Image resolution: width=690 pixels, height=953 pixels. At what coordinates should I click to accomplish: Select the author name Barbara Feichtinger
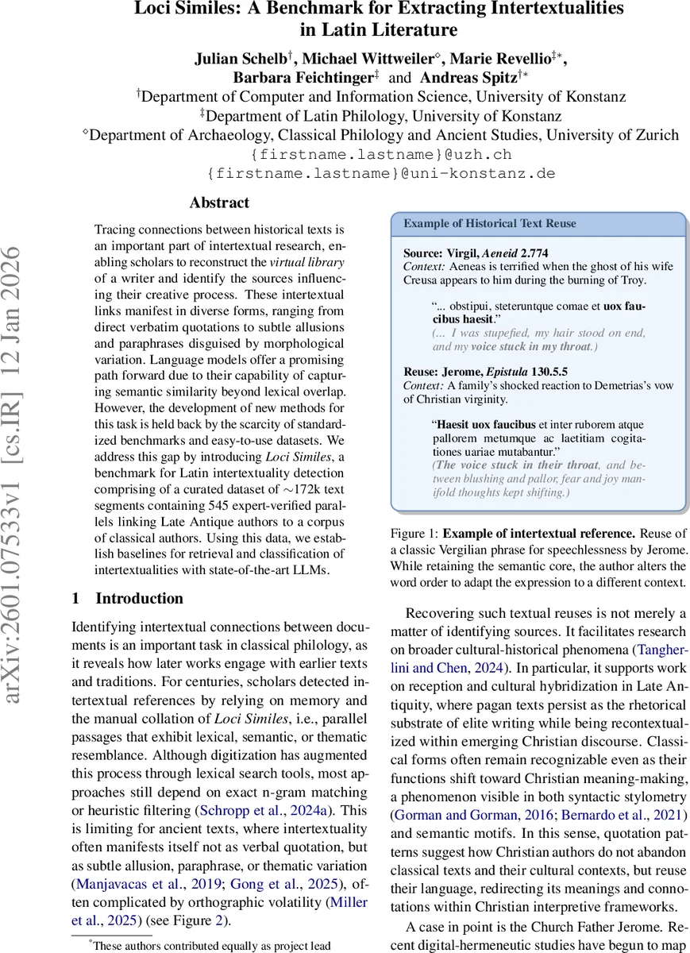coord(303,77)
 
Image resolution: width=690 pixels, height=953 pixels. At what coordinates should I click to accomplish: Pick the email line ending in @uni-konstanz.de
coord(380,173)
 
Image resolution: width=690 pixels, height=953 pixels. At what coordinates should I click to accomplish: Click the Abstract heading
coord(219,203)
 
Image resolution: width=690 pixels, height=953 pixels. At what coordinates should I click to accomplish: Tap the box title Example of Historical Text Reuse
coord(490,223)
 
